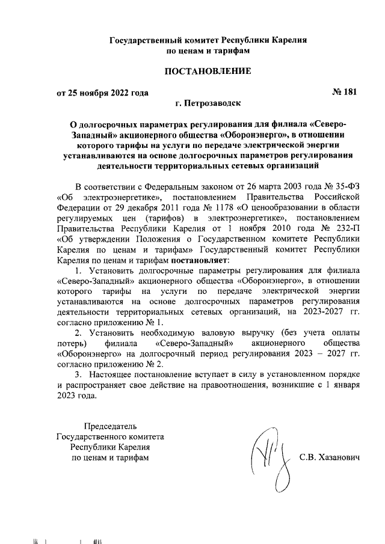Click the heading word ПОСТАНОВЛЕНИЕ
[208, 72]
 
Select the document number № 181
[343, 92]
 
